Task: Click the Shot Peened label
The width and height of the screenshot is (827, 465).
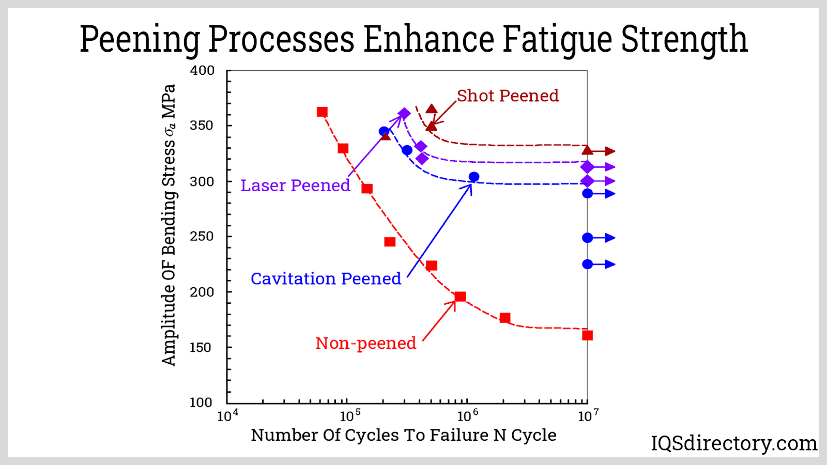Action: coord(508,96)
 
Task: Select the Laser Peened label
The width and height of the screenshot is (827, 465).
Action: coord(295,185)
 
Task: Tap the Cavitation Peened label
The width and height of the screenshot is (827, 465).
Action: coord(326,279)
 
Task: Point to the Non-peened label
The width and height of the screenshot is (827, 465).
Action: coord(365,344)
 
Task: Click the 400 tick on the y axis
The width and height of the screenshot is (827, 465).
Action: coord(202,71)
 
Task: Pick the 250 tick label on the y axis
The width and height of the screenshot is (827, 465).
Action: coord(202,236)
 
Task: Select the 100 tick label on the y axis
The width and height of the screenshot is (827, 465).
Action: coord(201,402)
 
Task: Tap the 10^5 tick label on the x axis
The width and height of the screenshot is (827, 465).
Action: coord(350,416)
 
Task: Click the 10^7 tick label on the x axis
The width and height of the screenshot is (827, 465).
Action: coord(588,416)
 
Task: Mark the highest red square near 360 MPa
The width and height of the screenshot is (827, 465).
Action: coord(322,112)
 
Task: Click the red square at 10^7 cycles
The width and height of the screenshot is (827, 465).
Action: coord(587,335)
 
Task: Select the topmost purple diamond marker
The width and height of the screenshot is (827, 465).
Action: coord(404,114)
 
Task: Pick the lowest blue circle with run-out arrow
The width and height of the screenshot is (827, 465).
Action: coord(588,264)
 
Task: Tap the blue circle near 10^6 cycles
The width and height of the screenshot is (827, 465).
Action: coord(473,177)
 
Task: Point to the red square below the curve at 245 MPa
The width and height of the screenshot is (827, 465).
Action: coord(390,242)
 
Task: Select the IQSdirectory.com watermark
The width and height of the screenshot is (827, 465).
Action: coord(733,443)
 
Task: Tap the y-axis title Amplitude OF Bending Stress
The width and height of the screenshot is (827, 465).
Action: coord(169,225)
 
